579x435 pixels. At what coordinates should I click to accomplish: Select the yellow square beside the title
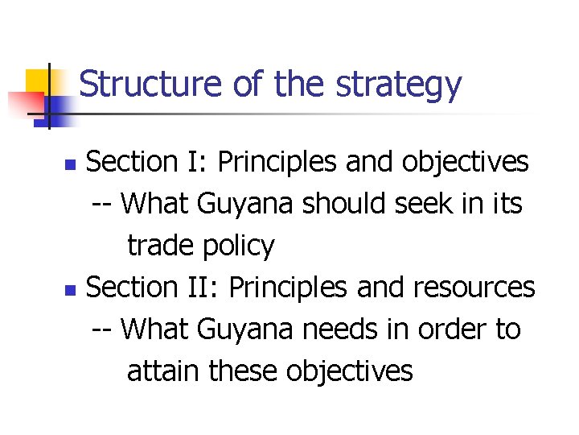[x=40, y=81]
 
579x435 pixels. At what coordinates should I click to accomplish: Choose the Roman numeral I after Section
[x=200, y=162]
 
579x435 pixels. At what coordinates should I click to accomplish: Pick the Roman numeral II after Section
[x=206, y=287]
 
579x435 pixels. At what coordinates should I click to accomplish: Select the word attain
[x=163, y=371]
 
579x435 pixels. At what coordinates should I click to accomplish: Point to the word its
[x=507, y=204]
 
